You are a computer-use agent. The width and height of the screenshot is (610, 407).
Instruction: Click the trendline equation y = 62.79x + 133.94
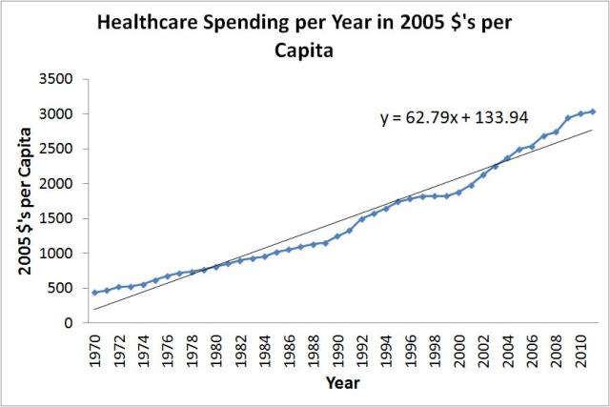point(460,119)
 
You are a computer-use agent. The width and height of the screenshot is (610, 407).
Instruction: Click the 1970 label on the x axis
point(95,351)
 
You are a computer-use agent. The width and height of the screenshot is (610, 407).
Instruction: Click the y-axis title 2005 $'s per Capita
point(21,201)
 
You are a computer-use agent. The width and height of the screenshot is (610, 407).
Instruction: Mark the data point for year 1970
point(94,293)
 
